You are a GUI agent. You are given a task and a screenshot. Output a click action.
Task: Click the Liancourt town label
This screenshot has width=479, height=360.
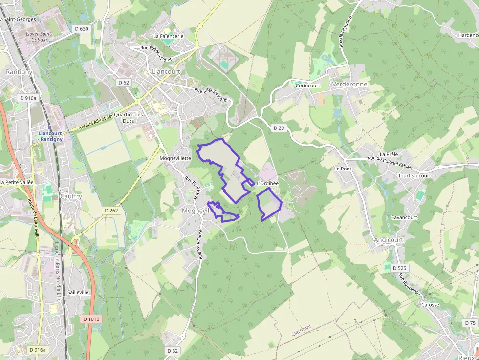click(166, 71)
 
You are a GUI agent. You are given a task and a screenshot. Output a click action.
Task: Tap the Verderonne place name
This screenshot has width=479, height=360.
click(349, 84)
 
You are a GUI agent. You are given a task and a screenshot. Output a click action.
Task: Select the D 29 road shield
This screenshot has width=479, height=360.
click(279, 127)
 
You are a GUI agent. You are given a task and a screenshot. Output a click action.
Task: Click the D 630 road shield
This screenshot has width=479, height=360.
click(82, 29)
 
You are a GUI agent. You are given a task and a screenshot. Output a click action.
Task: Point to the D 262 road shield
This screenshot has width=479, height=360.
click(111, 210)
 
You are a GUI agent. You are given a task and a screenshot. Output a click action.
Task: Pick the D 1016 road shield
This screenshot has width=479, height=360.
click(90, 319)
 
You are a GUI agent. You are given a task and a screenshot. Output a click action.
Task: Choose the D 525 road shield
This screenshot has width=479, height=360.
click(399, 268)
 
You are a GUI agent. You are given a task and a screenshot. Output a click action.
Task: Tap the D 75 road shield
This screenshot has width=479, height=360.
click(470, 323)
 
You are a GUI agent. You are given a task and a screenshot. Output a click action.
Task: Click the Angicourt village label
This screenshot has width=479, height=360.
click(389, 240)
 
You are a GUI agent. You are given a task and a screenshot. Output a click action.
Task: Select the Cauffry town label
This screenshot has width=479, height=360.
click(71, 196)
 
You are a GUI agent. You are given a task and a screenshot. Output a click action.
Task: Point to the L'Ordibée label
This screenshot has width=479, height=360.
click(267, 183)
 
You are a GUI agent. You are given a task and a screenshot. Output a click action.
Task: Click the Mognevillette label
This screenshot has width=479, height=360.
click(175, 158)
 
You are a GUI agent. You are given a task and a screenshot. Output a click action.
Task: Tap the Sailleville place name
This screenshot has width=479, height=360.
click(78, 292)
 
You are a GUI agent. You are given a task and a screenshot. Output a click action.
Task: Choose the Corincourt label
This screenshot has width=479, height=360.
click(308, 85)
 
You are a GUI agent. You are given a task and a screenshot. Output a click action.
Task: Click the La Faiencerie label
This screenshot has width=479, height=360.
click(169, 36)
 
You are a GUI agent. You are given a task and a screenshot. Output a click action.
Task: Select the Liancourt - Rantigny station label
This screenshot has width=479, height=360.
click(51, 136)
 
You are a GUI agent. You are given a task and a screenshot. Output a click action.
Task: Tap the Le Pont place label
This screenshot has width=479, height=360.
click(343, 169)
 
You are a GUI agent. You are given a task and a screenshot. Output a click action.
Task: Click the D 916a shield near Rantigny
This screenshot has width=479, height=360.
click(27, 98)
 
